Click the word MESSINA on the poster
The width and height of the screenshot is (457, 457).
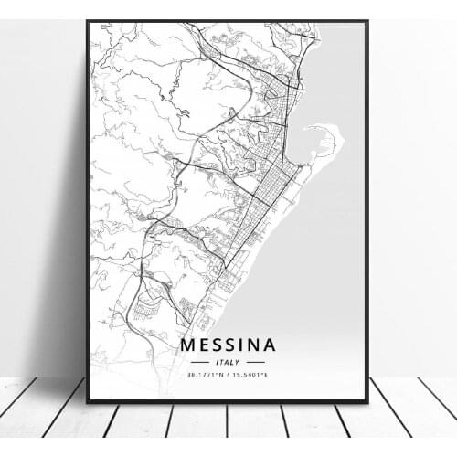[x=228, y=345]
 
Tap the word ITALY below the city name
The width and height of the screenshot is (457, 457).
[x=228, y=362]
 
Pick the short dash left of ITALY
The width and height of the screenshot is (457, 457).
[x=200, y=362]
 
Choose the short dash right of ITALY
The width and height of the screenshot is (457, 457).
[x=255, y=362]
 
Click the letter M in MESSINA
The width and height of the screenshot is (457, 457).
[x=187, y=345]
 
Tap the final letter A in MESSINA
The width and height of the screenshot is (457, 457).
[x=268, y=345]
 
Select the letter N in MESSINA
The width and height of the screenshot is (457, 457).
[x=251, y=345]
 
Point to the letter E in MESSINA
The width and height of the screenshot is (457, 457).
[x=204, y=345]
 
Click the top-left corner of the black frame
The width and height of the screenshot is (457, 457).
[x=89, y=21]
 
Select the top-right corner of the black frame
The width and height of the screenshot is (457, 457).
[x=367, y=21]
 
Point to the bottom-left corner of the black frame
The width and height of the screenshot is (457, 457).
[x=89, y=400]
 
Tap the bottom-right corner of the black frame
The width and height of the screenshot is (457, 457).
[x=367, y=400]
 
